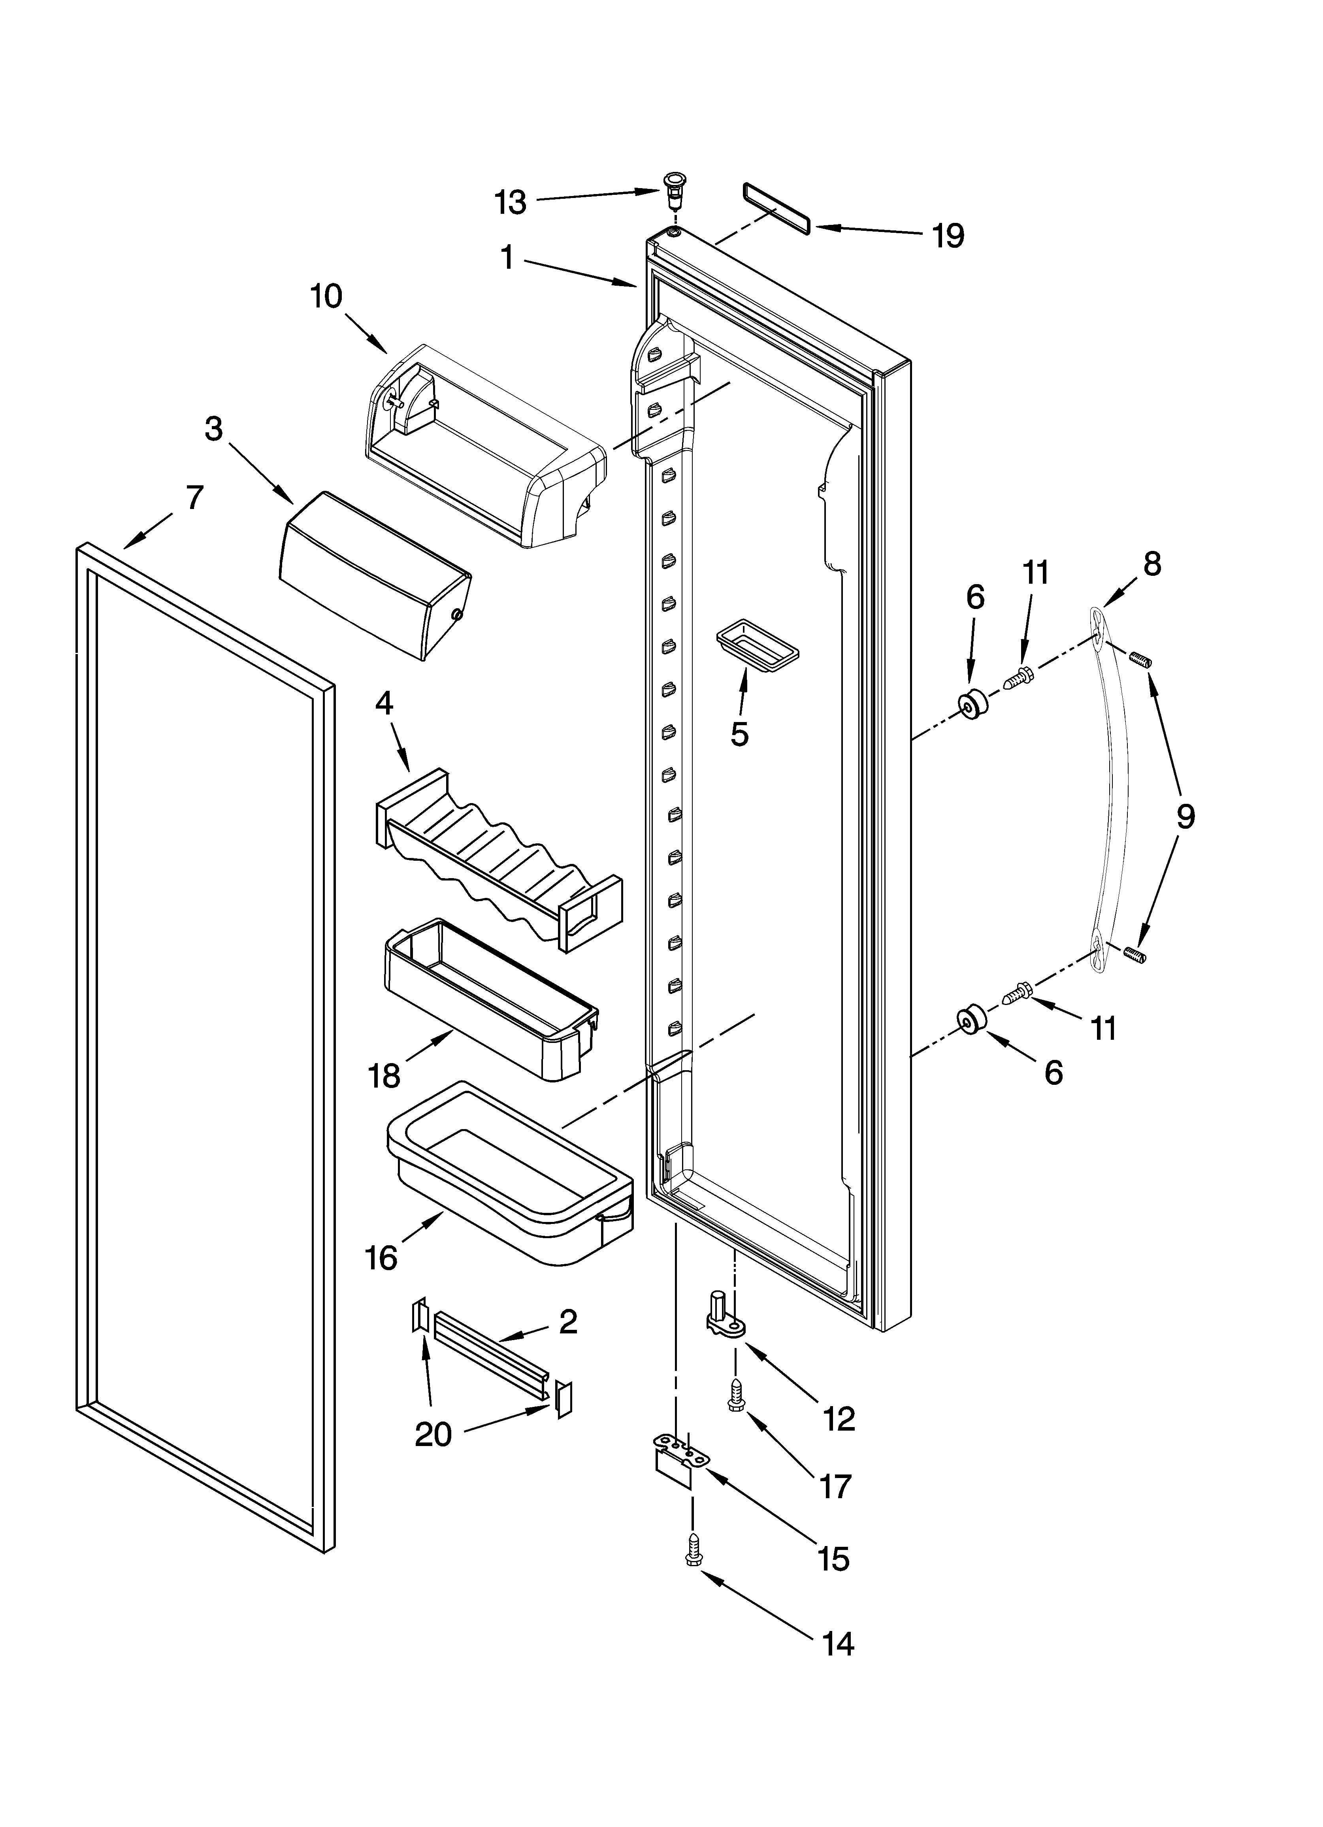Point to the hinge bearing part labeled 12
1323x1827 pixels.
click(x=724, y=1323)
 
